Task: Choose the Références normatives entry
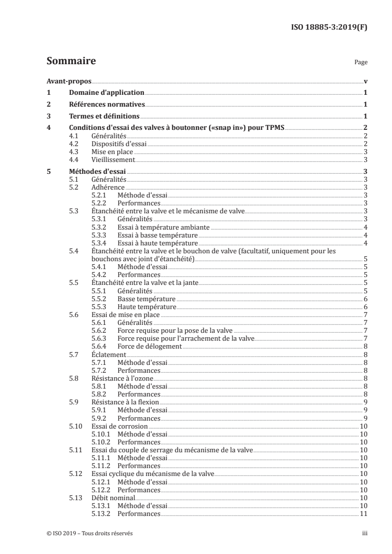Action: (106, 104)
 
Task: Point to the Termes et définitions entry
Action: (104, 117)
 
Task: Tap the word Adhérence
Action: (108, 187)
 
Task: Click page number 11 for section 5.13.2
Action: (363, 514)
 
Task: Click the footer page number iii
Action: (365, 533)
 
